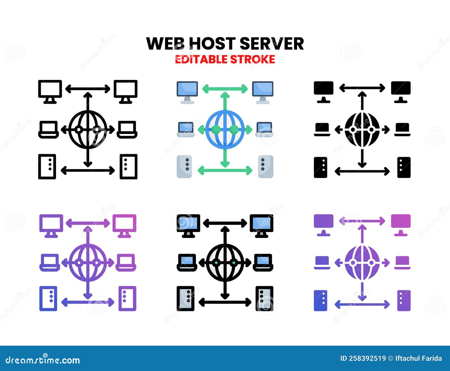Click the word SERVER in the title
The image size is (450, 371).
click(x=272, y=44)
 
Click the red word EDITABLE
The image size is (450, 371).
click(x=201, y=59)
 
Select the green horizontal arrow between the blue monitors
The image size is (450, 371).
click(x=225, y=89)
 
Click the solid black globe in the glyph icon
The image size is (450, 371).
click(x=362, y=130)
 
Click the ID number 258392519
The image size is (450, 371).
click(x=367, y=358)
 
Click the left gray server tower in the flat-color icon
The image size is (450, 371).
click(x=184, y=167)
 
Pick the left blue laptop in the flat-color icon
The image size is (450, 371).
click(x=186, y=129)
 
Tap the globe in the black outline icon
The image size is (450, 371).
click(x=88, y=130)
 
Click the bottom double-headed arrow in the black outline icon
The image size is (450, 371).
click(x=88, y=170)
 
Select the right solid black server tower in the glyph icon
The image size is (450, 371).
click(x=404, y=167)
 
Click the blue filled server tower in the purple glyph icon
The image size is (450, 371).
click(x=320, y=300)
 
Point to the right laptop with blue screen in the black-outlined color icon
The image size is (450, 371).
click(x=263, y=262)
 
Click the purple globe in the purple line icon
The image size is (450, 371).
click(x=88, y=263)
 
